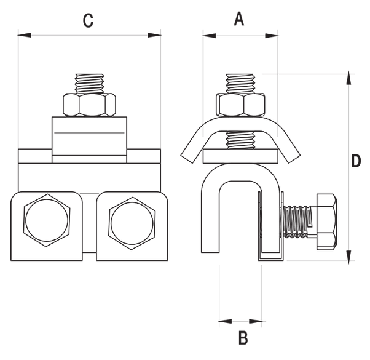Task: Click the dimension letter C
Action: pyautogui.click(x=88, y=20)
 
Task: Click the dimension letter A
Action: pyautogui.click(x=239, y=19)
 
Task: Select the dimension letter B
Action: pyautogui.click(x=242, y=338)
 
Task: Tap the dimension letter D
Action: pyautogui.click(x=355, y=162)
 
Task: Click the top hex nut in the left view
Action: pyautogui.click(x=89, y=105)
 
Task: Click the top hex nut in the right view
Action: pyautogui.click(x=240, y=105)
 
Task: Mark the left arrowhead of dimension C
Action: pyautogui.click(x=23, y=35)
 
